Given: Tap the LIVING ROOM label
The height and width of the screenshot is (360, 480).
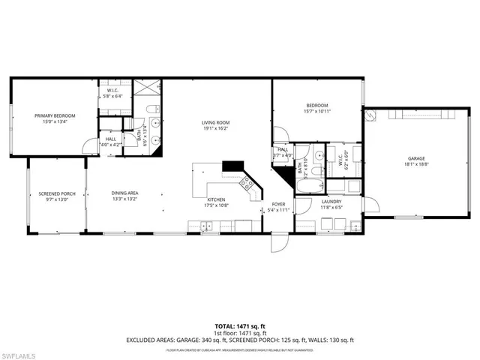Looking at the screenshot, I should click(x=214, y=122).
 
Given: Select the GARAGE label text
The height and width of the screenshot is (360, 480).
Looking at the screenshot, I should click(x=416, y=158).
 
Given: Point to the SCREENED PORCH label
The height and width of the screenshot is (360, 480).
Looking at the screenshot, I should click(x=54, y=194).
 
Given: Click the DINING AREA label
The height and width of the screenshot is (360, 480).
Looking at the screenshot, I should click(x=124, y=194).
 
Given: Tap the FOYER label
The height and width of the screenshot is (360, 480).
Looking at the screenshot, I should click(x=278, y=203).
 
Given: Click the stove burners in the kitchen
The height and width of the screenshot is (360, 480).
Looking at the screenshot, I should click(x=245, y=181).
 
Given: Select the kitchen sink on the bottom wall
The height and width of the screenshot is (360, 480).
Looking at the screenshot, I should click(x=202, y=225).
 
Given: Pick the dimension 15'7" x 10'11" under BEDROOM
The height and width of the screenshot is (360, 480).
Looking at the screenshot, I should click(x=318, y=111).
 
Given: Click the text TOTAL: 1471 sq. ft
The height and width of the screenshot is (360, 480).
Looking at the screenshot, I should click(x=239, y=326).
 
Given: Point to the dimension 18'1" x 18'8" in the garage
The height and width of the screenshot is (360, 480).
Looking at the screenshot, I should click(x=416, y=165).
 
